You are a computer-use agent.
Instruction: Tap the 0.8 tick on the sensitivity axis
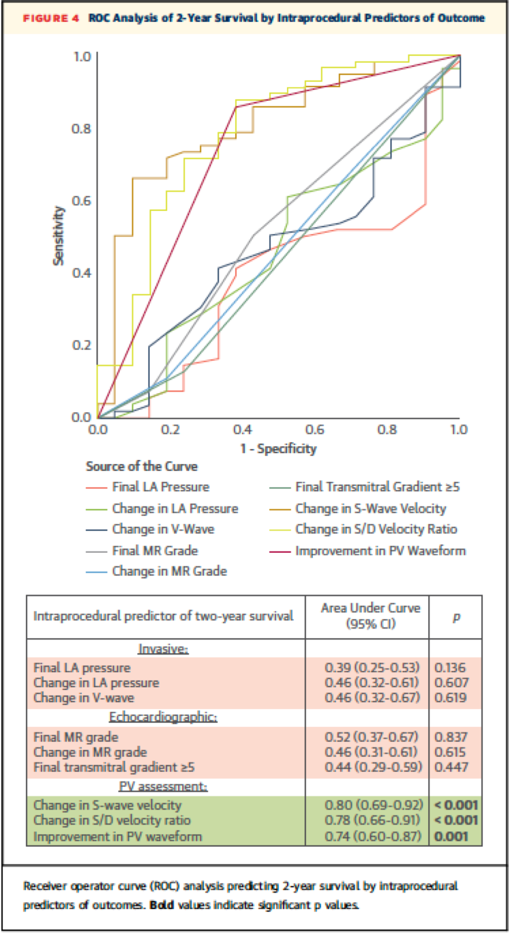[82, 128]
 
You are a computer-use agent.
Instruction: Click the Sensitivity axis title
[60, 236]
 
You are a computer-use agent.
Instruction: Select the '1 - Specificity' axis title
[278, 448]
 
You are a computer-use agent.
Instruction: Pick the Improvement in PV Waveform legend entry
[380, 550]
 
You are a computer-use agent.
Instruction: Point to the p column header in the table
[456, 616]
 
